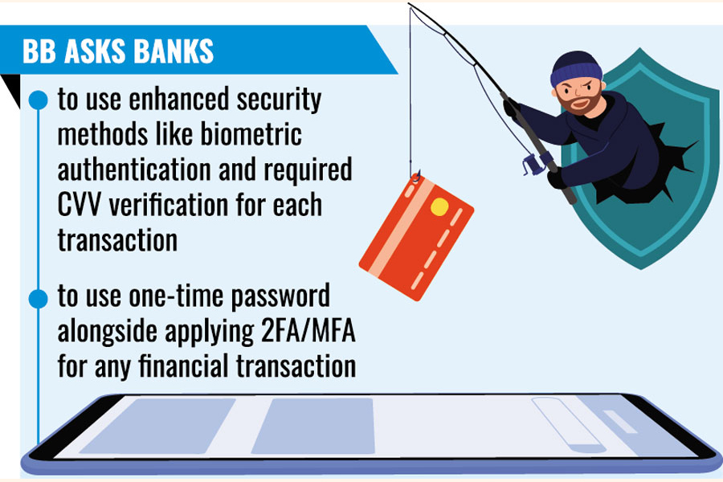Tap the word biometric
pyautogui.click(x=251, y=134)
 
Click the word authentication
pyautogui.click(x=133, y=170)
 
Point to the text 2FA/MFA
pyautogui.click(x=308, y=330)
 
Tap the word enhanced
pyautogui.click(x=179, y=99)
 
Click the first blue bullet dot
pyautogui.click(x=39, y=100)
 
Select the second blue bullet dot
pyautogui.click(x=39, y=299)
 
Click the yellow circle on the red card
pyautogui.click(x=439, y=207)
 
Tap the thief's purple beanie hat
pyautogui.click(x=575, y=69)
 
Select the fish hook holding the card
pyautogui.click(x=415, y=177)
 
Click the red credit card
pyautogui.click(x=416, y=238)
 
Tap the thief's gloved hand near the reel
pyautogui.click(x=556, y=178)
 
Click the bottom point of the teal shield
pyautogui.click(x=641, y=269)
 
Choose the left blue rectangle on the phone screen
pyautogui.click(x=157, y=426)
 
